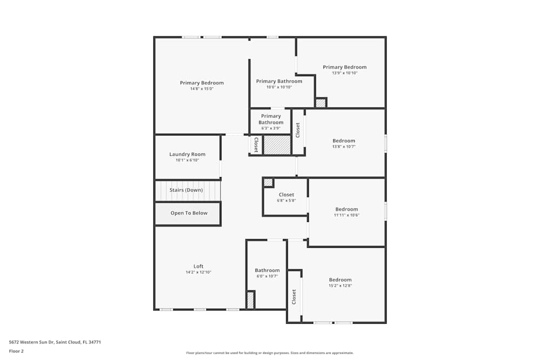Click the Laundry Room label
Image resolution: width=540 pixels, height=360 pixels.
coord(187,154)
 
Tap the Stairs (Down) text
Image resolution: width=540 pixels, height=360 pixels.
coord(186,190)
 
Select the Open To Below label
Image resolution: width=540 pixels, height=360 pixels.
coord(189,213)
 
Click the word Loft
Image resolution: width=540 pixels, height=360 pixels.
coord(199,266)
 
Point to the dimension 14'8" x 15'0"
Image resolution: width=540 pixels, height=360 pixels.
coord(201,89)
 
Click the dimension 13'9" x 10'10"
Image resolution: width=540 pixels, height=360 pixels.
coord(345,73)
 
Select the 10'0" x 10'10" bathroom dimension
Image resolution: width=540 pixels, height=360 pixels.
coord(279,87)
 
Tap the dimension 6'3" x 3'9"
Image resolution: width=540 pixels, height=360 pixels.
coord(271,128)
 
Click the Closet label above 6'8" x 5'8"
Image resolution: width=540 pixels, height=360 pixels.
coord(286,195)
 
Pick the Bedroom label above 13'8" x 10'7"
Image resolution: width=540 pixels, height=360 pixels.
coord(344,141)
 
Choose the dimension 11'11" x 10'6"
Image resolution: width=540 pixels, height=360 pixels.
coord(346,215)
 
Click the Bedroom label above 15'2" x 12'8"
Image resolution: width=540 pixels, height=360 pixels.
coord(340,280)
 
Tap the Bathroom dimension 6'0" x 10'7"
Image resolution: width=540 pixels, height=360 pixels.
coord(267,276)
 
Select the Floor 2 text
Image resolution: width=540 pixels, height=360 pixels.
coord(16,351)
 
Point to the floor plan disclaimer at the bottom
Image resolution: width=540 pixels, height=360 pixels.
coord(270,353)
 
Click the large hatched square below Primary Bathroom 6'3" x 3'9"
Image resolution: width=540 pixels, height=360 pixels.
coord(277,145)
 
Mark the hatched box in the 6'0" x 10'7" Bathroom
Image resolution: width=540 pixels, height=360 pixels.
coord(250,300)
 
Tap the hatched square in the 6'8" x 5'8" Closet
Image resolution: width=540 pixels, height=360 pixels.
coord(268,182)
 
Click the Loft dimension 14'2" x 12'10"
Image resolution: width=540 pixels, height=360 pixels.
coord(198,272)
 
